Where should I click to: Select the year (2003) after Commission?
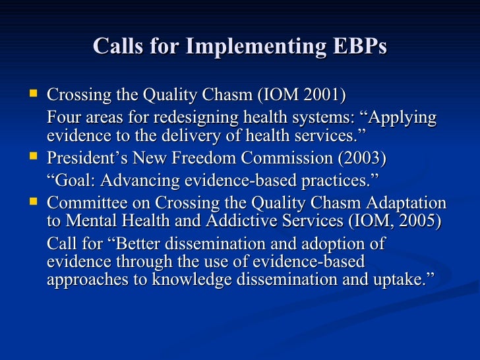(363, 159)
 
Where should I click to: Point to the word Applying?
(404, 118)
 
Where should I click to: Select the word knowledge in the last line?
(195, 279)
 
